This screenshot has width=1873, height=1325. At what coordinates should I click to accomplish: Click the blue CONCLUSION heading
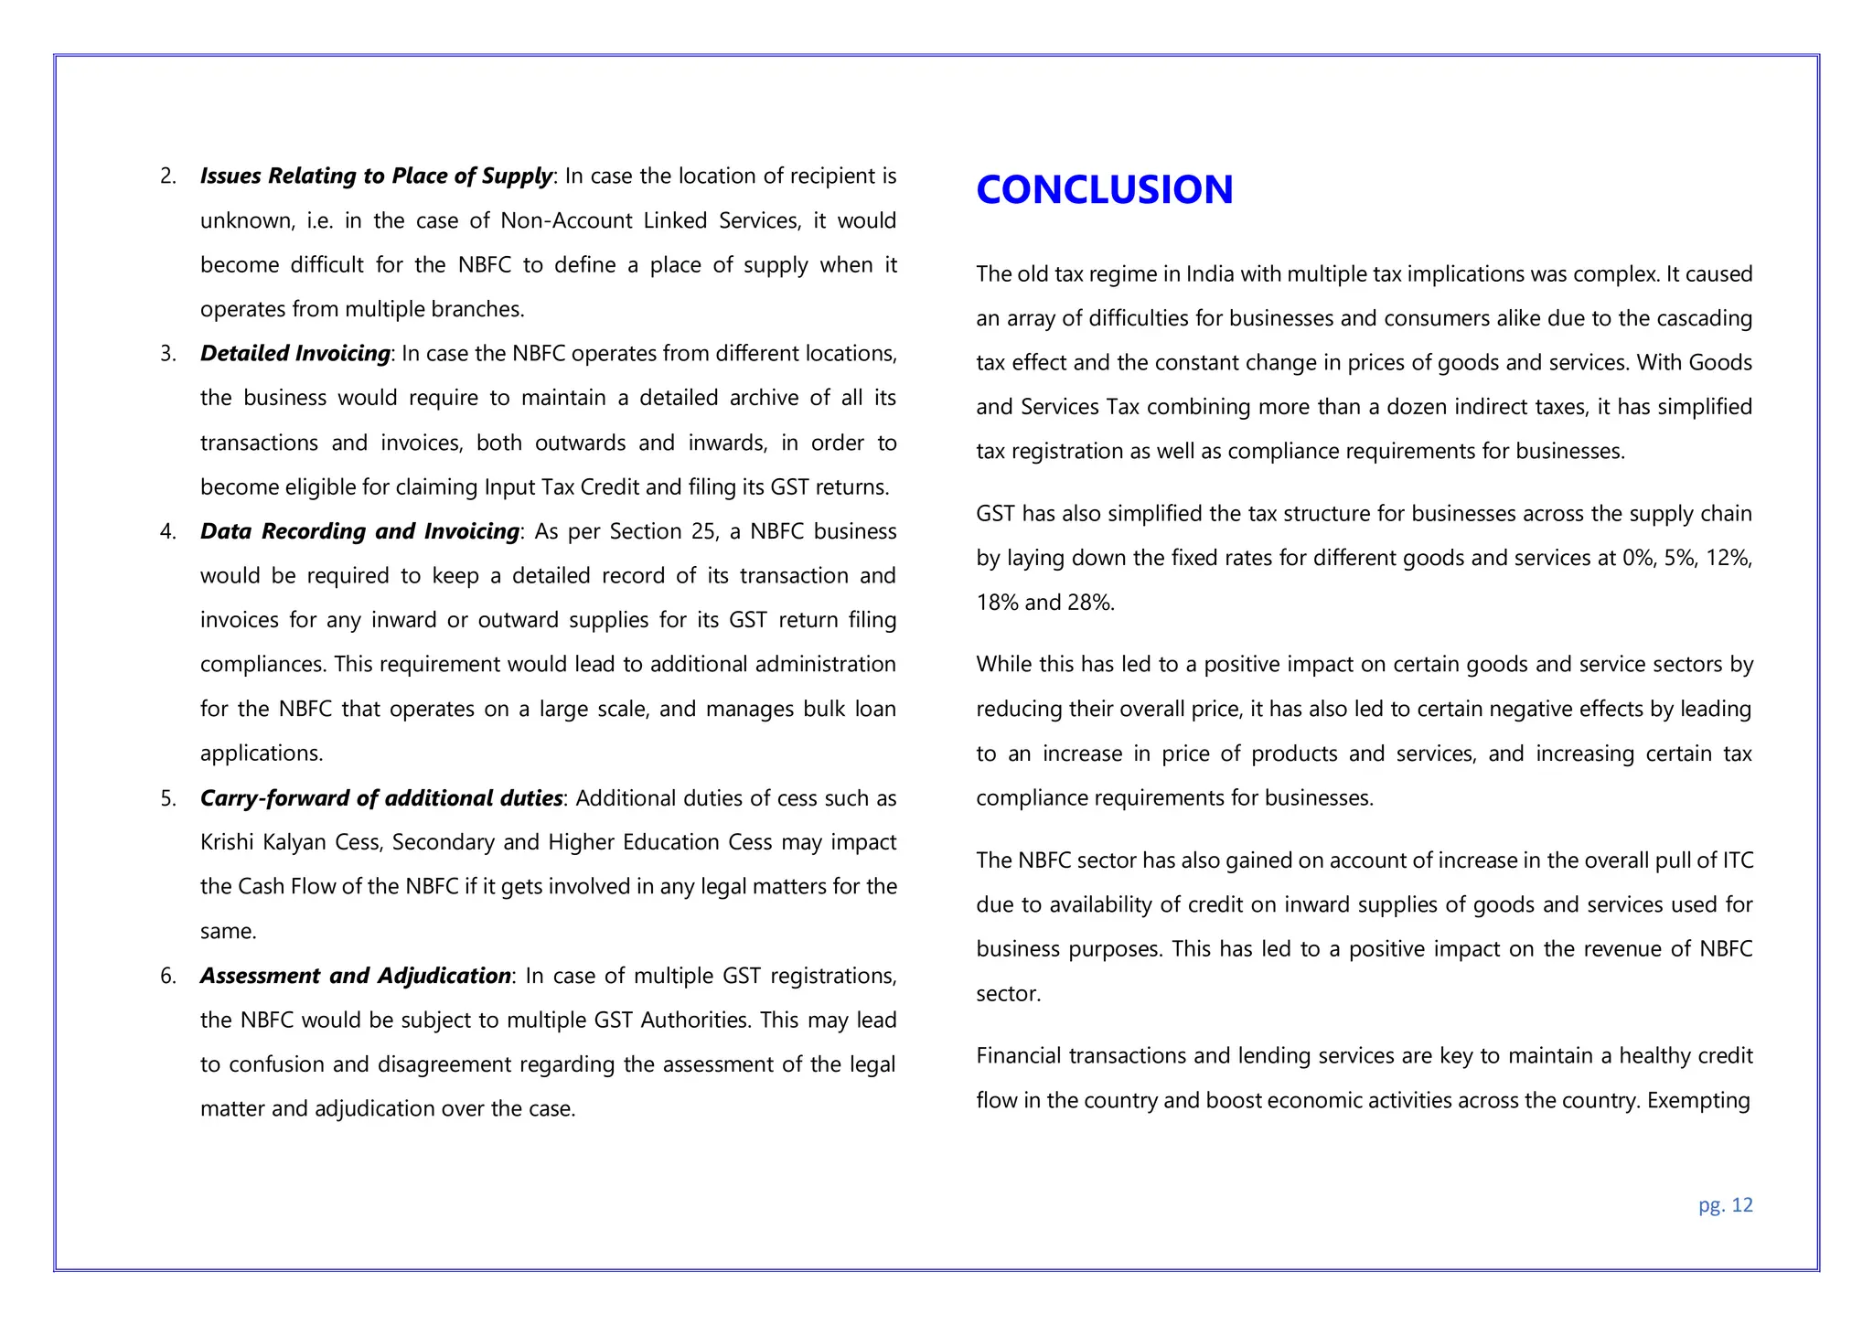(x=1104, y=190)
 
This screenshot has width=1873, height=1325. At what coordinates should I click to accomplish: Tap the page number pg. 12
(x=1725, y=1205)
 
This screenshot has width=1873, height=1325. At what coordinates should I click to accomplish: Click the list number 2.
(x=167, y=176)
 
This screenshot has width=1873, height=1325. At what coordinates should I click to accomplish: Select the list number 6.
(x=167, y=977)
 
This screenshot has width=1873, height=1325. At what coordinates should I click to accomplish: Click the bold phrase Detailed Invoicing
(x=294, y=354)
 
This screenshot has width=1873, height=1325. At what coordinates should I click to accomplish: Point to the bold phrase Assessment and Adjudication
(x=355, y=977)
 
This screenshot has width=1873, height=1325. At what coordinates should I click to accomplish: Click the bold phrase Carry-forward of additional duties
(x=380, y=798)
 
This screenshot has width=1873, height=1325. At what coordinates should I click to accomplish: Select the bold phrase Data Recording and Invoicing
(x=359, y=531)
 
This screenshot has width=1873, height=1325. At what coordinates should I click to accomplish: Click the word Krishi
(x=226, y=842)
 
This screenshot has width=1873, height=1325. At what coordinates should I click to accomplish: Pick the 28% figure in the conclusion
(x=1087, y=603)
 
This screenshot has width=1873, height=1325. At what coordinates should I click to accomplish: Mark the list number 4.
(x=167, y=532)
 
